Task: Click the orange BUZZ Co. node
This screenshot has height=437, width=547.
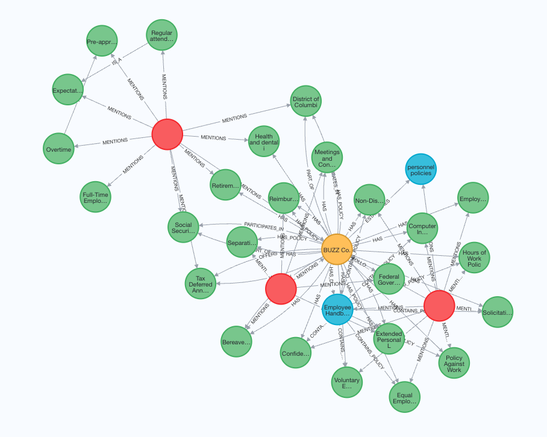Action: click(337, 249)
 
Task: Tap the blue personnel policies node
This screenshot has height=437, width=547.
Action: click(420, 169)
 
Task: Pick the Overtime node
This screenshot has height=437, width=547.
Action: click(58, 149)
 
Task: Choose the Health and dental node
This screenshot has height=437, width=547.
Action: click(264, 141)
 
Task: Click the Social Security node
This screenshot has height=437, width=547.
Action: click(183, 227)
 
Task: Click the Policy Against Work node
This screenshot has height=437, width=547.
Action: click(454, 363)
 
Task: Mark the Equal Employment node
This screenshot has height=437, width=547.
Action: click(404, 398)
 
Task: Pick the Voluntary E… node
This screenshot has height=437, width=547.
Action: click(347, 381)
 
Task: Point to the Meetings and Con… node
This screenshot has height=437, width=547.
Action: click(327, 158)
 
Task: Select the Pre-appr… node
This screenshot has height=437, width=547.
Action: click(101, 42)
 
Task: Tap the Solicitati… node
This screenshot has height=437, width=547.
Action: click(497, 312)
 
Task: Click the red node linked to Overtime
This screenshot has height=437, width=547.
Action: click(167, 134)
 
